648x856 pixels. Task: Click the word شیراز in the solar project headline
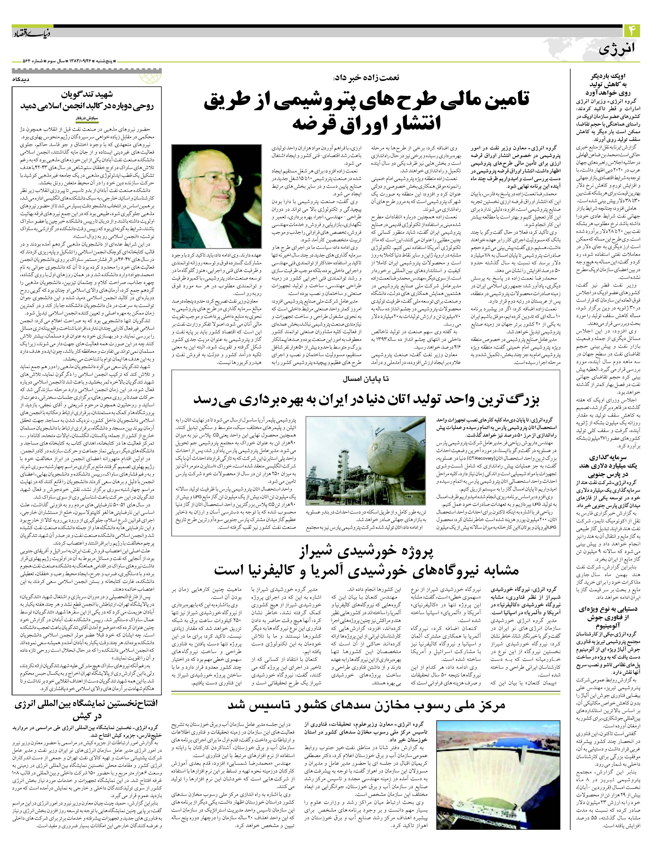point(315,552)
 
